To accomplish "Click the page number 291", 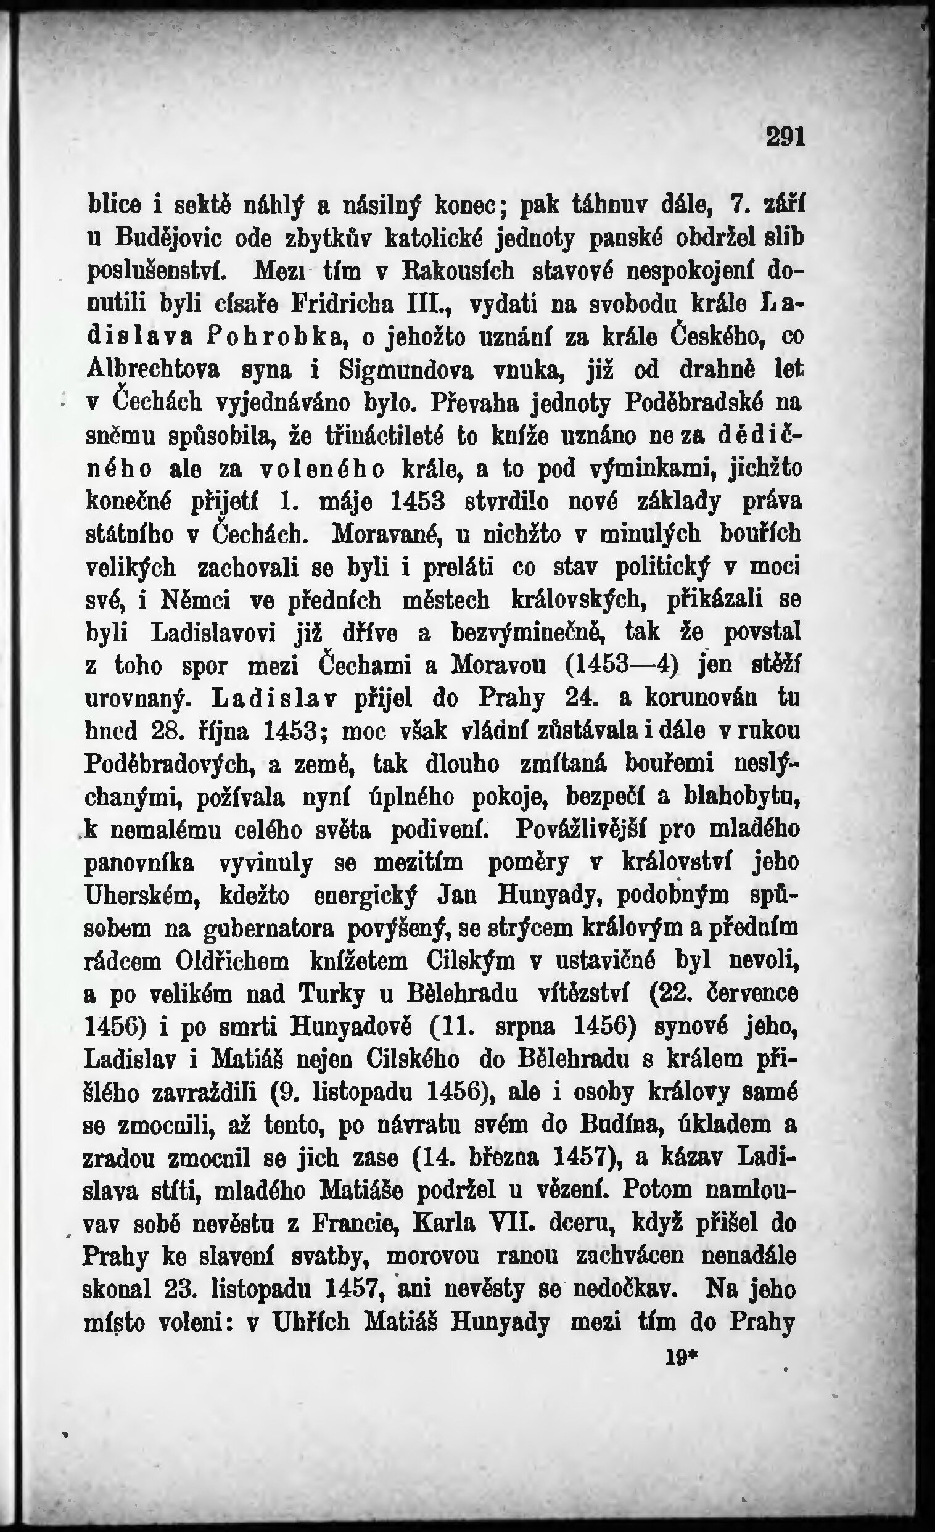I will (785, 136).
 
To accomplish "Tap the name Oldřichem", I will (232, 962).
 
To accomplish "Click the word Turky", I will (332, 995).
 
